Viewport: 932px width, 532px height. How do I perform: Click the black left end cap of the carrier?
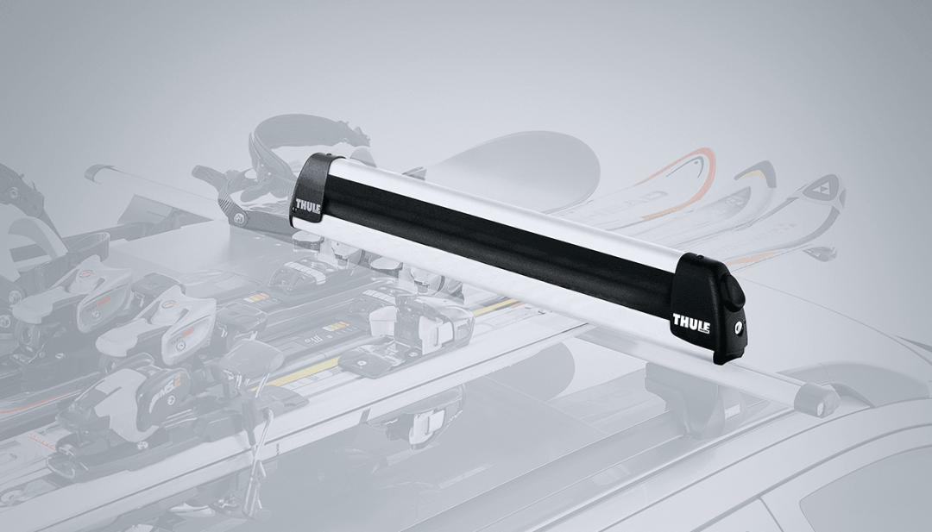pyautogui.click(x=312, y=190)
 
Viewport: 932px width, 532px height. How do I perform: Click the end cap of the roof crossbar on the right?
pyautogui.click(x=816, y=399)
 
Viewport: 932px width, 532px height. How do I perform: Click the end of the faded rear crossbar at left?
pyautogui.click(x=97, y=172)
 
